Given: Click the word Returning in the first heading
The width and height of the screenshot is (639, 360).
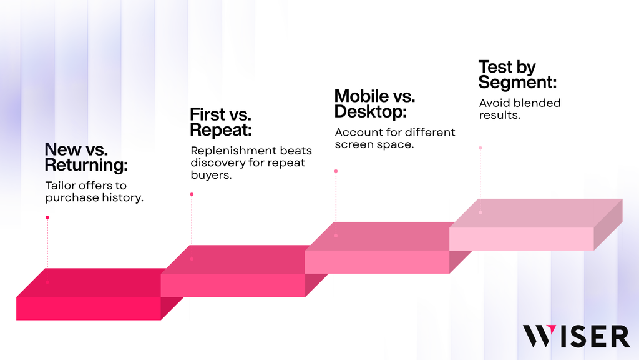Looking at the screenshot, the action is click(86, 165).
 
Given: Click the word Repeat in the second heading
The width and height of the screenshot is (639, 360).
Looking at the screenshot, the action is click(220, 130).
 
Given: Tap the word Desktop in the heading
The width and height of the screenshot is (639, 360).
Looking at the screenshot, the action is click(370, 112).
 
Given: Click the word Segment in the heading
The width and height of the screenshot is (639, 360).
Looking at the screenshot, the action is click(517, 82).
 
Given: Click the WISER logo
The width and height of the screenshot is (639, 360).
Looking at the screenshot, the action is click(576, 336).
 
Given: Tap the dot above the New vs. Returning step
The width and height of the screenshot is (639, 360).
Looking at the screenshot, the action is click(47, 217).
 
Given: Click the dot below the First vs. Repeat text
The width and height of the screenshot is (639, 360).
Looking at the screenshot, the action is click(192, 194).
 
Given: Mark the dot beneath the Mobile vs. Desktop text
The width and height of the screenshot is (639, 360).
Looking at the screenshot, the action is click(336, 171).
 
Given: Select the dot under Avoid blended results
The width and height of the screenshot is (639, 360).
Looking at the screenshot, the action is click(480, 147).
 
